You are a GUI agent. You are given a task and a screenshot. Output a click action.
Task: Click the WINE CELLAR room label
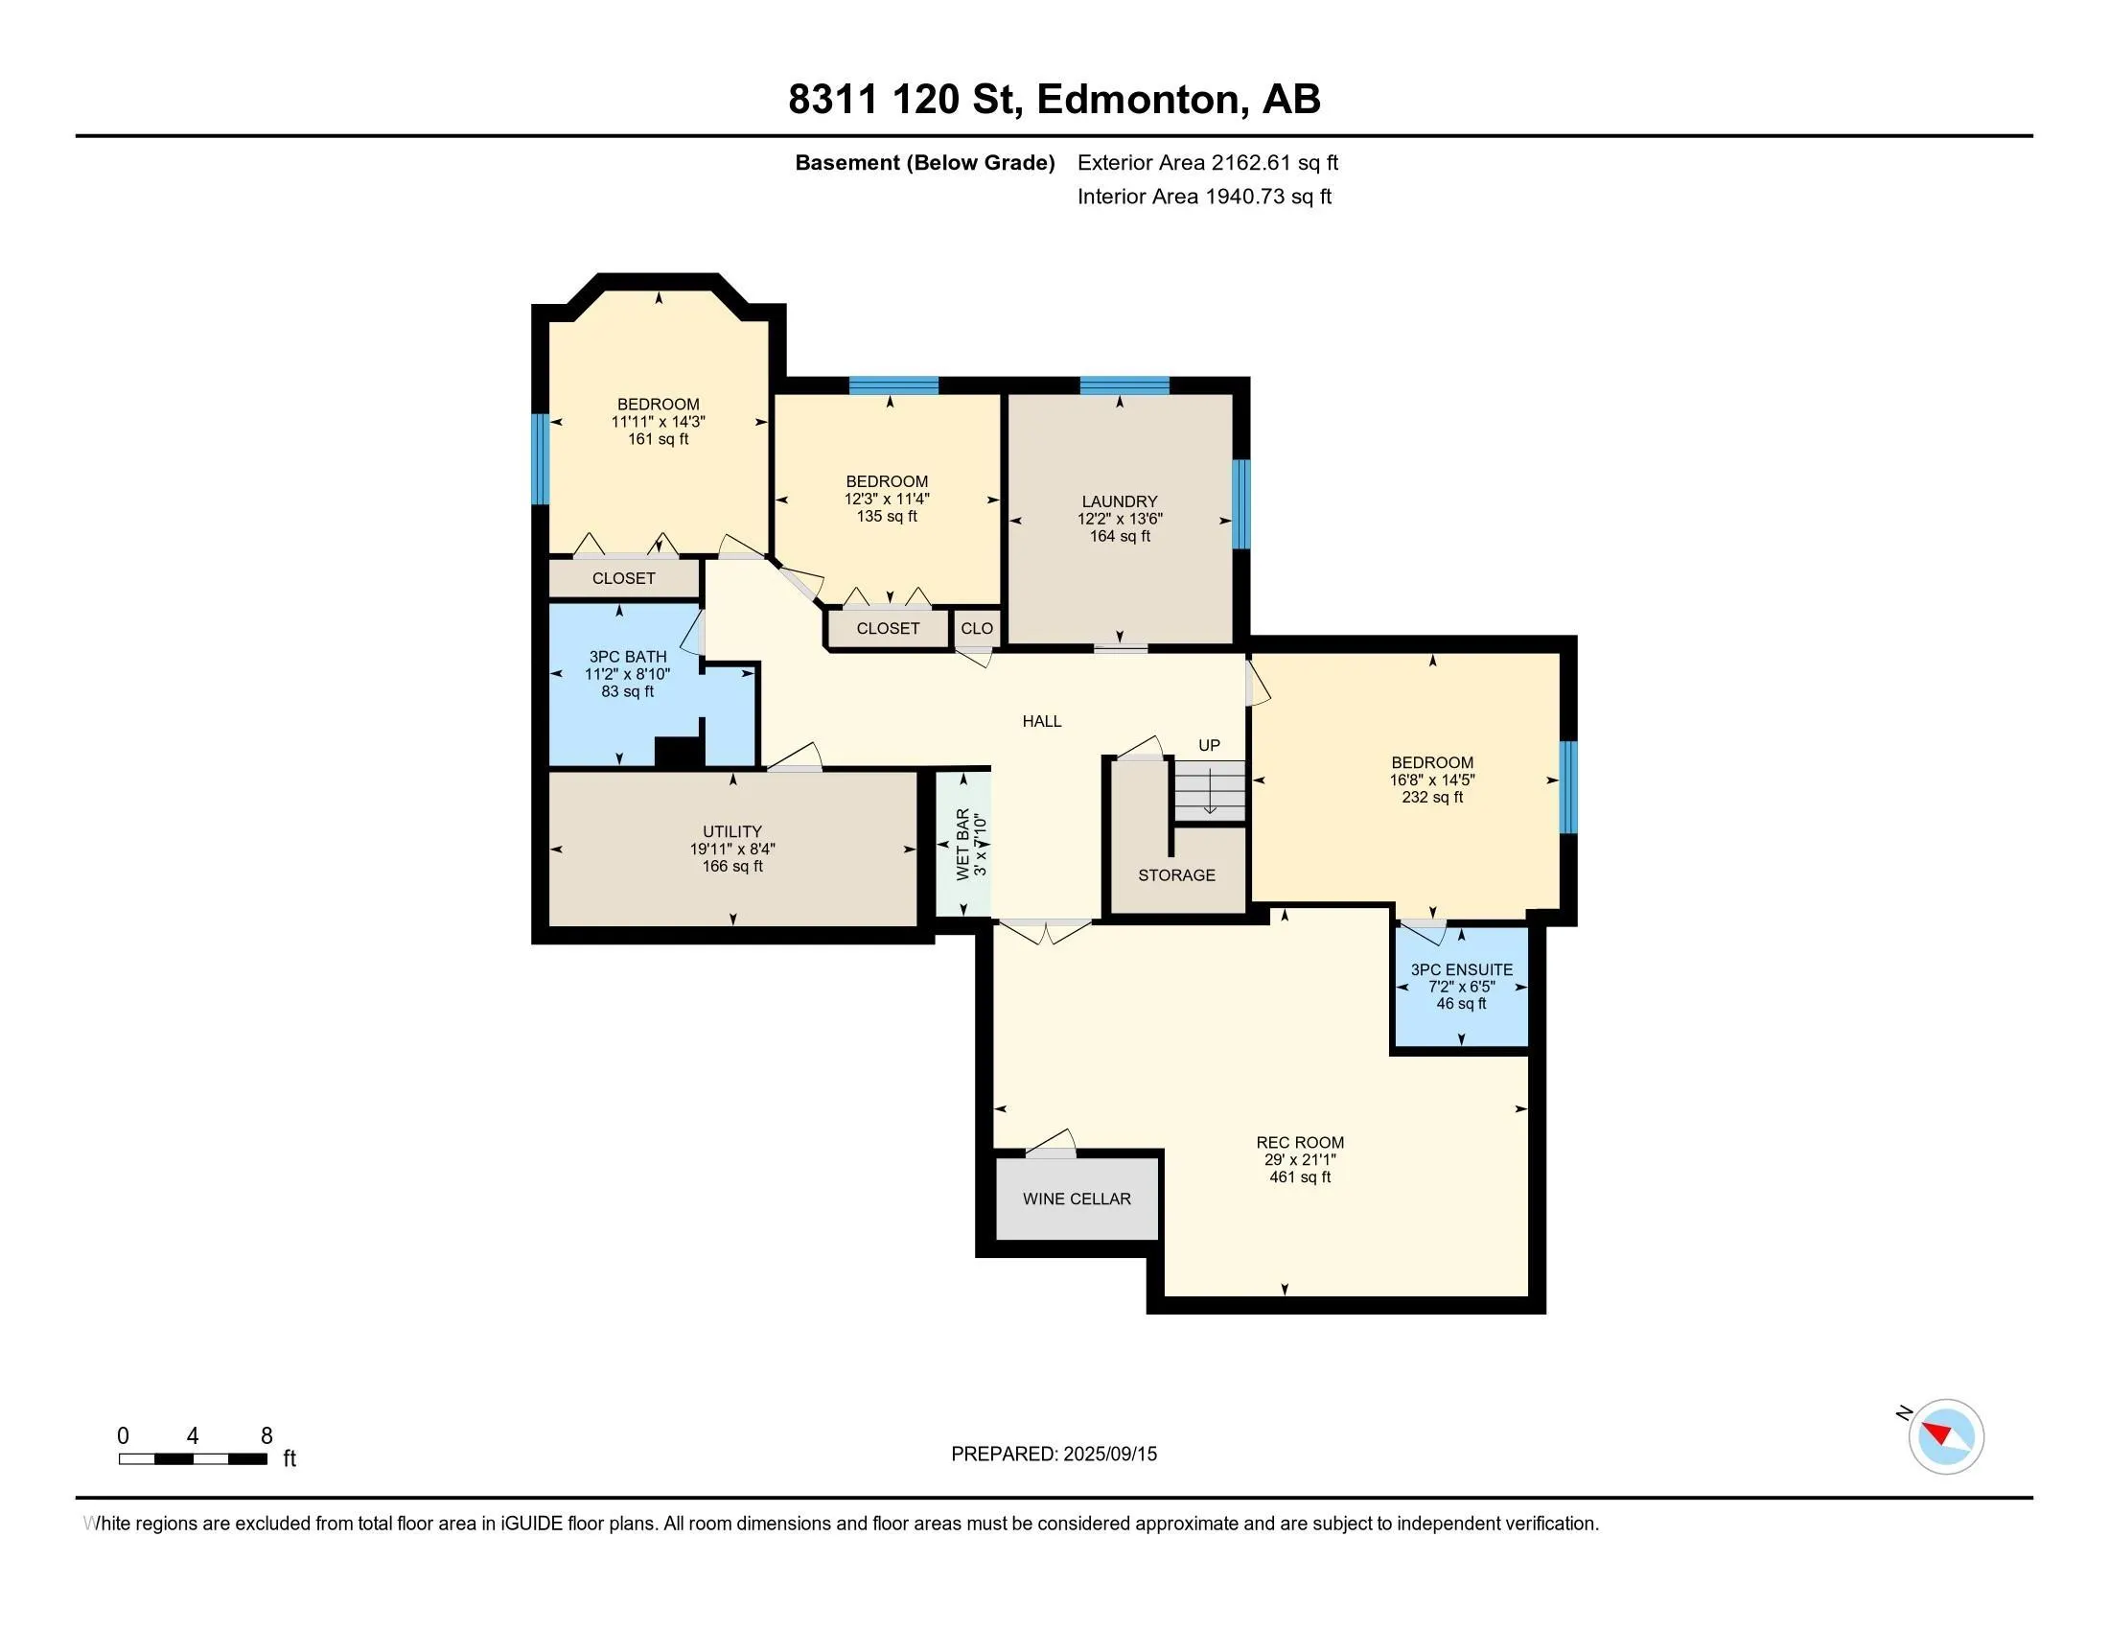pyautogui.click(x=1077, y=1199)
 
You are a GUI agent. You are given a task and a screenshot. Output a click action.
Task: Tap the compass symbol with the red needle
pyautogui.click(x=1945, y=1437)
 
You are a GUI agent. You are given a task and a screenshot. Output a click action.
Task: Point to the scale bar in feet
pyautogui.click(x=193, y=1459)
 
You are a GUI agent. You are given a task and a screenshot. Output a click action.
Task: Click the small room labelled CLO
pyautogui.click(x=976, y=628)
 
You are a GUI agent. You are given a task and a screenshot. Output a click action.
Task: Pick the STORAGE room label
pyautogui.click(x=1176, y=874)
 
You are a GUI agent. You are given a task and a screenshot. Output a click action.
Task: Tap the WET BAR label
pyautogui.click(x=962, y=844)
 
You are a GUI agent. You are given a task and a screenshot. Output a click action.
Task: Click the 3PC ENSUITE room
pyautogui.click(x=1461, y=986)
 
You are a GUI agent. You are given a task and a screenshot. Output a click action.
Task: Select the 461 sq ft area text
pyautogui.click(x=1300, y=1177)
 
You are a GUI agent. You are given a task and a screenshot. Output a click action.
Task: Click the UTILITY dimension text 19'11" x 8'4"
pyautogui.click(x=732, y=849)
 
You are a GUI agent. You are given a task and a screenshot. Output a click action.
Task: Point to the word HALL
pyautogui.click(x=1042, y=721)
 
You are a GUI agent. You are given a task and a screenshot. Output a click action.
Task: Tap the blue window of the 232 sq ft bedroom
pyautogui.click(x=1569, y=787)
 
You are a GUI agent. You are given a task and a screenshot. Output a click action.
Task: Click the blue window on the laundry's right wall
pyautogui.click(x=1241, y=504)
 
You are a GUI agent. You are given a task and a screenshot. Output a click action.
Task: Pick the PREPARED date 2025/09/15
pyautogui.click(x=1109, y=1455)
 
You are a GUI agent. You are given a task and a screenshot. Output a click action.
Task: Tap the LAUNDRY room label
pyautogui.click(x=1119, y=501)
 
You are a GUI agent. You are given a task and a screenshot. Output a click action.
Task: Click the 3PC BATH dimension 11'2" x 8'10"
pyautogui.click(x=628, y=674)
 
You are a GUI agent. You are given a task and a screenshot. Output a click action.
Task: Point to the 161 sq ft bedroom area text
pyautogui.click(x=659, y=439)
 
